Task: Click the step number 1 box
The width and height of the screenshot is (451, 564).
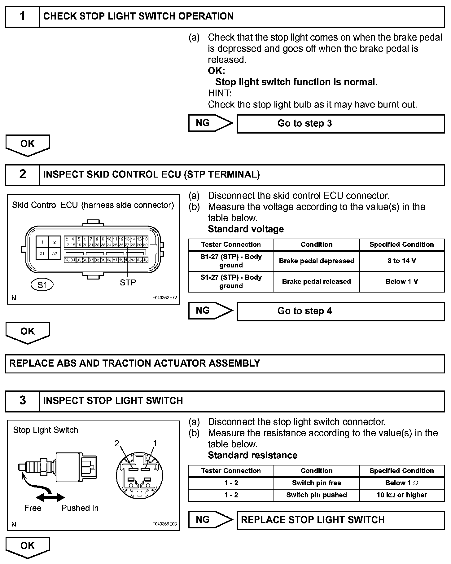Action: pyautogui.click(x=23, y=16)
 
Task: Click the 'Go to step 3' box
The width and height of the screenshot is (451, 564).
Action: pyautogui.click(x=340, y=124)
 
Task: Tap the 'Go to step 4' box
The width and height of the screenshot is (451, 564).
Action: pyautogui.click(x=340, y=311)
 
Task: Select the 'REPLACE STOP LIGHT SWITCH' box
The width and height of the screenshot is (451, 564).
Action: pyautogui.click(x=340, y=520)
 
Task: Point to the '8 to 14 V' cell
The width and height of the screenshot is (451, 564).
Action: pyautogui.click(x=402, y=261)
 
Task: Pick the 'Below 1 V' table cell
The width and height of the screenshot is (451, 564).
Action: pyautogui.click(x=402, y=282)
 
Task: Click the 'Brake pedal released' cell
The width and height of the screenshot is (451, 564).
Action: pyautogui.click(x=316, y=282)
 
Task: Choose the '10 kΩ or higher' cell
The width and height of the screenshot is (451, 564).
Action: pyautogui.click(x=402, y=495)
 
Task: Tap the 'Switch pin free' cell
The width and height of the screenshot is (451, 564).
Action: pyautogui.click(x=316, y=483)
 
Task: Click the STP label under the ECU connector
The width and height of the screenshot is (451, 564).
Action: pyautogui.click(x=128, y=282)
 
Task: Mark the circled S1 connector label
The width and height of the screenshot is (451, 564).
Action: pyautogui.click(x=42, y=284)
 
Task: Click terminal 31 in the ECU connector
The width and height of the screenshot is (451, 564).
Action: pyautogui.click(x=42, y=254)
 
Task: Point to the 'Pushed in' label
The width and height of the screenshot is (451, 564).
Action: pyautogui.click(x=80, y=508)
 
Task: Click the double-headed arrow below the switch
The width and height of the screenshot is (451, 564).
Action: pyautogui.click(x=50, y=498)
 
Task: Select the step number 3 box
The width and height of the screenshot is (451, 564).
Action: pyautogui.click(x=23, y=400)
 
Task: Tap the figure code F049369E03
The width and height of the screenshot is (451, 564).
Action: pyautogui.click(x=164, y=524)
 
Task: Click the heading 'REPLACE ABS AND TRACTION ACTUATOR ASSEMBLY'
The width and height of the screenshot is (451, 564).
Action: pyautogui.click(x=135, y=363)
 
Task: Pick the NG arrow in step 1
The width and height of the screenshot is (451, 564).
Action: pyautogui.click(x=210, y=123)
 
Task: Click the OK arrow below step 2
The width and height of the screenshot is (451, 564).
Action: pyautogui.click(x=28, y=332)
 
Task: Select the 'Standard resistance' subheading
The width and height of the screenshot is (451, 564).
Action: pyautogui.click(x=252, y=455)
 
